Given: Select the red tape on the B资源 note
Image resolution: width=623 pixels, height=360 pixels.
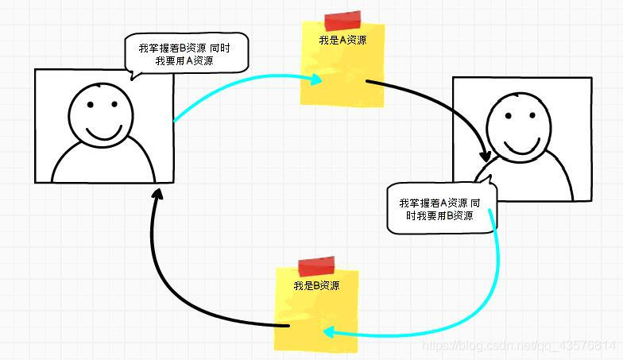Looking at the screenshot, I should [315, 265].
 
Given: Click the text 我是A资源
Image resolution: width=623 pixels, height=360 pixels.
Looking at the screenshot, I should [342, 40].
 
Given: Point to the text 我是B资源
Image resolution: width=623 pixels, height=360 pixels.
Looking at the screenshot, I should [316, 285].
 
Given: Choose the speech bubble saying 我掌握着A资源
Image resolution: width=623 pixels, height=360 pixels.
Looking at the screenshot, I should [439, 209].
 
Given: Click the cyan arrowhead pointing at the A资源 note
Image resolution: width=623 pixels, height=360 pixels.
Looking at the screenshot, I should [316, 79].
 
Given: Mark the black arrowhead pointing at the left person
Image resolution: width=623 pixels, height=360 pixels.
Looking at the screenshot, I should [158, 194].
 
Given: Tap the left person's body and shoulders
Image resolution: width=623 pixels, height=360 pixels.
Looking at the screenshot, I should [103, 163].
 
